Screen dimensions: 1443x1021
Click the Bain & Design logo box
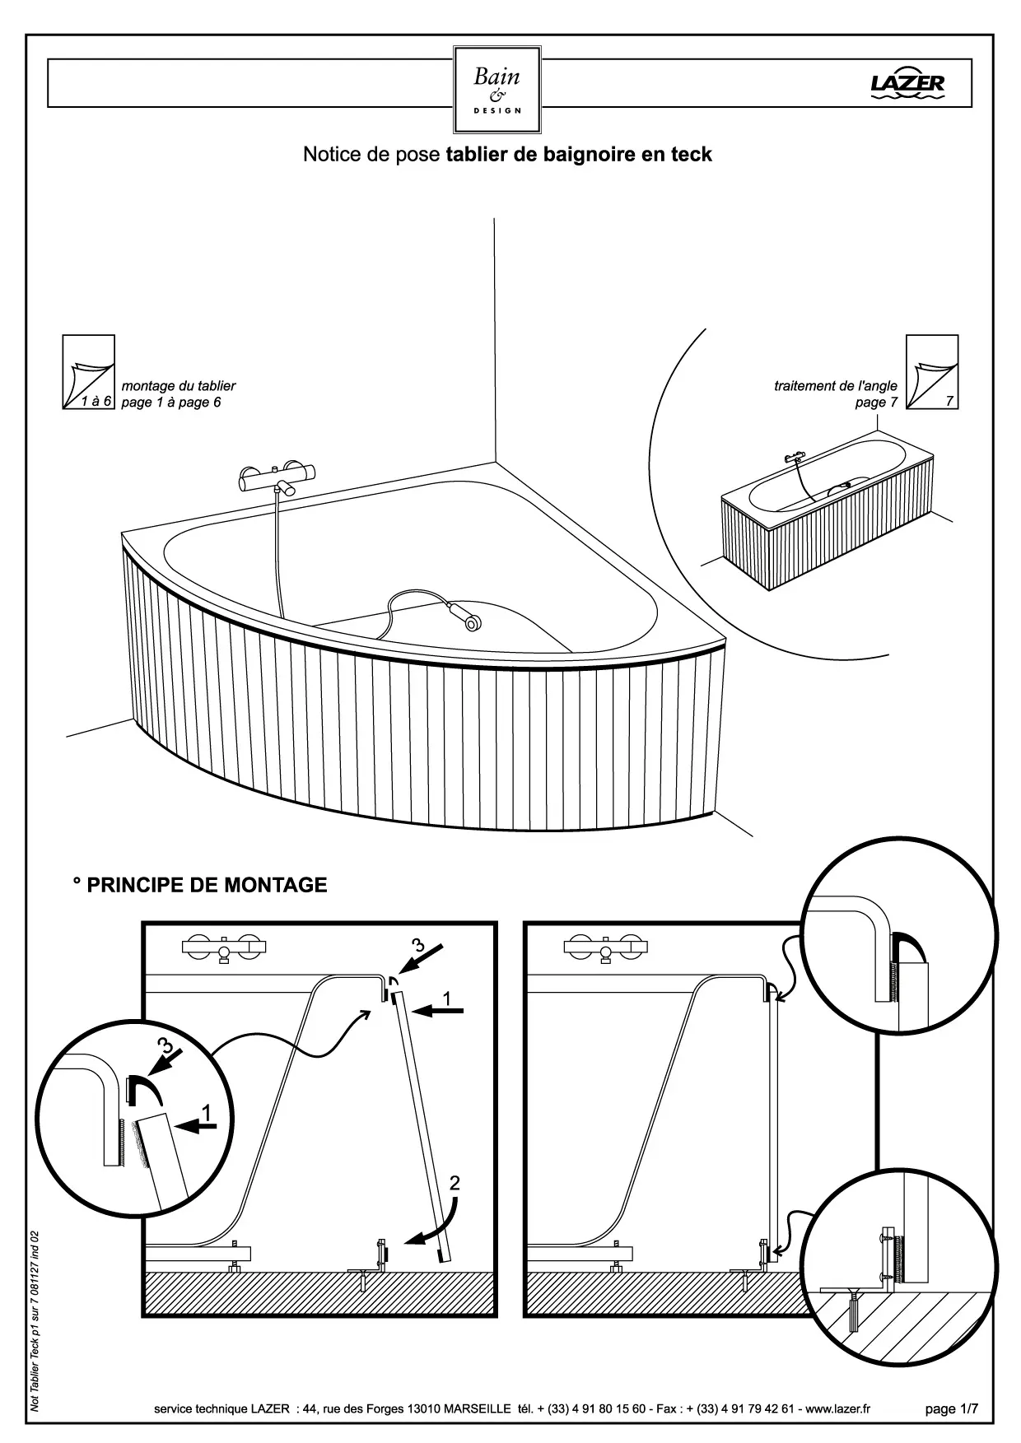497,90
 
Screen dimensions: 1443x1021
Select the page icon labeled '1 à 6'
89,372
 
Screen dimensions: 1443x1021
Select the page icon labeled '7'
932,372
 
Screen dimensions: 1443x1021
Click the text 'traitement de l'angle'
836,386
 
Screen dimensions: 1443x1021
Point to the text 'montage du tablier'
179,386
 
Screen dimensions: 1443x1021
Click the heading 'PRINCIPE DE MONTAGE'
207,885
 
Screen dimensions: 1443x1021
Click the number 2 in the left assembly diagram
455,1184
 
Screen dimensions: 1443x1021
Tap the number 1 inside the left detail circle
206,1114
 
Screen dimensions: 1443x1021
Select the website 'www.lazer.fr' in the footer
837,1409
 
